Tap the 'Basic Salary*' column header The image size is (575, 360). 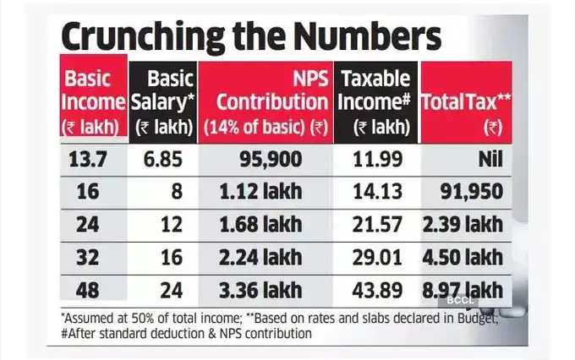(x=162, y=101)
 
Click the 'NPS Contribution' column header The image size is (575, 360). (x=265, y=101)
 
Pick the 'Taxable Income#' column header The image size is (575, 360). (x=376, y=101)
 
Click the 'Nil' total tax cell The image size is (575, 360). (x=485, y=159)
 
